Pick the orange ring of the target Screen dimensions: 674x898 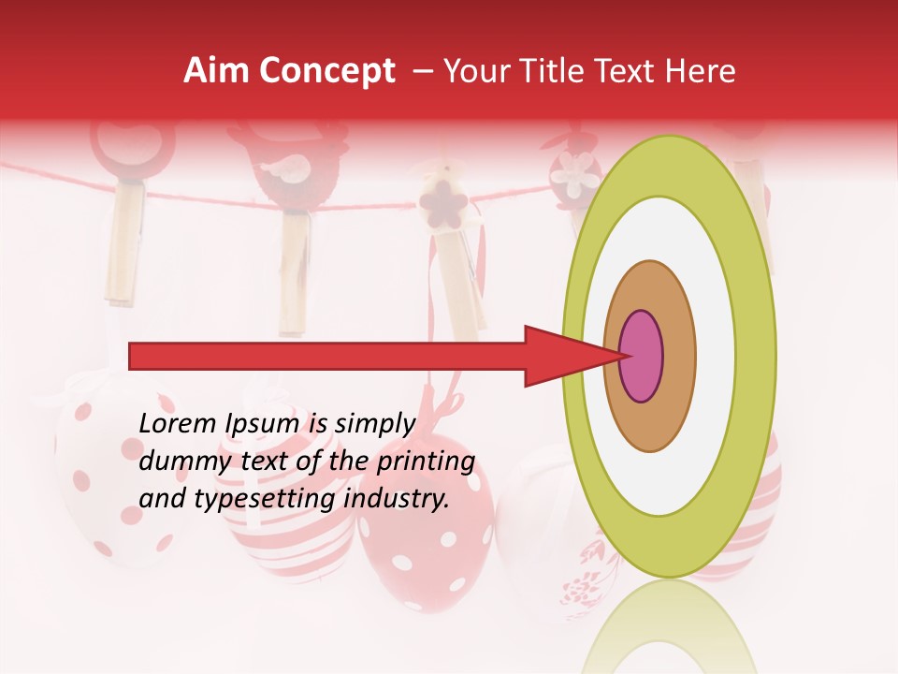[677, 356]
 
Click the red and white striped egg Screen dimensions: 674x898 [281, 543]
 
